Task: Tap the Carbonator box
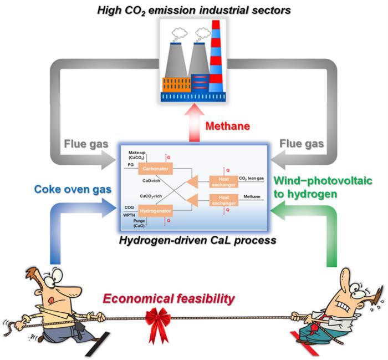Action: click(155, 168)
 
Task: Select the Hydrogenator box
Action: click(155, 211)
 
